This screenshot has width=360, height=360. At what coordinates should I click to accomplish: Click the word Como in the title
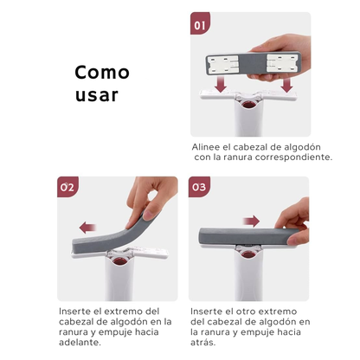click(x=101, y=72)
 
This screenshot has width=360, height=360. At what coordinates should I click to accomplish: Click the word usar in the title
click(x=95, y=94)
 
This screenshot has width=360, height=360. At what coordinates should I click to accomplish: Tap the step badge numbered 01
click(x=201, y=25)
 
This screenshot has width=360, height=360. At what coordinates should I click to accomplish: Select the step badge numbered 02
click(x=67, y=187)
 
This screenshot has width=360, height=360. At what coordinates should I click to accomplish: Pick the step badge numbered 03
click(x=200, y=187)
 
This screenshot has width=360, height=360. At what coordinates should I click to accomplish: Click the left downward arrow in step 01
click(x=221, y=84)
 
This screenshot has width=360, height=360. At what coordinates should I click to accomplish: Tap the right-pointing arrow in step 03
click(x=252, y=221)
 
